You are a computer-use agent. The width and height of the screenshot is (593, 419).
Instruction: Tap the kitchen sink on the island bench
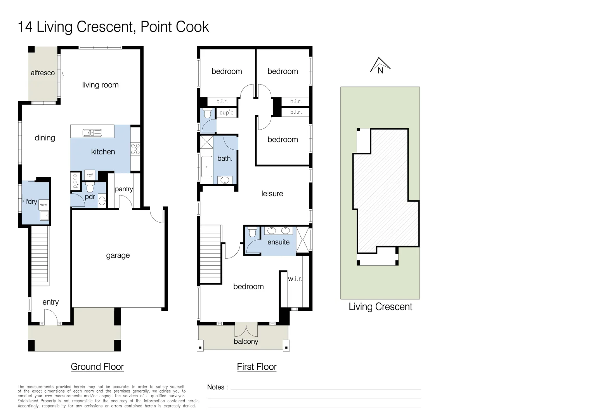pyautogui.click(x=92, y=133)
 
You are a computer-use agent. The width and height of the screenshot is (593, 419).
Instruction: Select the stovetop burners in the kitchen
pyautogui.click(x=135, y=149)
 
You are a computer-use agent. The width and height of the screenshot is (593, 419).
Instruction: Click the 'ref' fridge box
pyautogui.click(x=90, y=175)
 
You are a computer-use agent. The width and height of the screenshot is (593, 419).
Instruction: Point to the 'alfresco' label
pyautogui.click(x=43, y=73)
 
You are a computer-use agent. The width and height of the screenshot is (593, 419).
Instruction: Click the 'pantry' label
pyautogui.click(x=124, y=189)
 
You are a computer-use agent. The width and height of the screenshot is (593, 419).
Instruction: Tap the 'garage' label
pyautogui.click(x=118, y=255)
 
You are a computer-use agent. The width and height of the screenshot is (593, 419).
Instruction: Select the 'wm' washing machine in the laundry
pyautogui.click(x=44, y=205)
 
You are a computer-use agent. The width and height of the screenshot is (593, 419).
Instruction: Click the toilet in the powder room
pyautogui.click(x=90, y=188)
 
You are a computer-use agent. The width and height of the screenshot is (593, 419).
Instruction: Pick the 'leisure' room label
pyautogui.click(x=272, y=194)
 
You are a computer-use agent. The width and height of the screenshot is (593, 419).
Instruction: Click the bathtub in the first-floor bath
pyautogui.click(x=206, y=166)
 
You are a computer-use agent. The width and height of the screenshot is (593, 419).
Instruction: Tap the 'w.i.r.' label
pyautogui.click(x=295, y=279)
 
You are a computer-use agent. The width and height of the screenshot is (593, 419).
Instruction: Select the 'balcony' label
pyautogui.click(x=246, y=341)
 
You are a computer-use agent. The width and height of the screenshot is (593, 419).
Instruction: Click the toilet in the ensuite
pyautogui.click(x=252, y=232)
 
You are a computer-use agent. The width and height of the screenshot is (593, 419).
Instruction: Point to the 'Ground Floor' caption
pyautogui.click(x=97, y=367)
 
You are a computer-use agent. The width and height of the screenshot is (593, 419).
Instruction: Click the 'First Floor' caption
pyautogui.click(x=257, y=367)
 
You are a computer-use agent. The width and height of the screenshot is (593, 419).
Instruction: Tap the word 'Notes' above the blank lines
pyautogui.click(x=216, y=387)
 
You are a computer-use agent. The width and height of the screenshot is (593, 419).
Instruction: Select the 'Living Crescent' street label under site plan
pyautogui.click(x=380, y=306)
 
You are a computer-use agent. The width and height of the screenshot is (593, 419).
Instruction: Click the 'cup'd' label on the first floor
pyautogui.click(x=227, y=113)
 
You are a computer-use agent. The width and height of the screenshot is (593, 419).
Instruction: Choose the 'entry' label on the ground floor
pyautogui.click(x=50, y=302)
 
